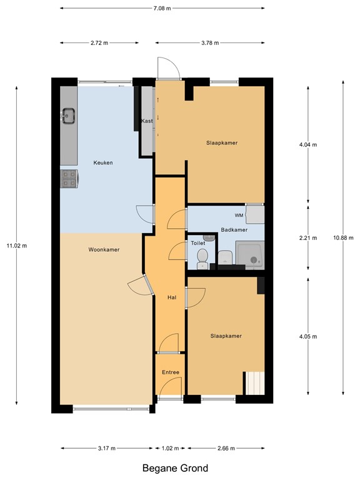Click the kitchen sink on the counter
pyautogui.click(x=69, y=116)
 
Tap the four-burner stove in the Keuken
pyautogui.click(x=69, y=179)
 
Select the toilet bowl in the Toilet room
pyautogui.click(x=202, y=259)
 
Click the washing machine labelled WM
pyautogui.click(x=255, y=214)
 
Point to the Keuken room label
pyautogui.click(x=103, y=163)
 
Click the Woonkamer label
pyautogui.click(x=104, y=250)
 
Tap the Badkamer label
pyautogui.click(x=234, y=230)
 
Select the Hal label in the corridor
pyautogui.click(x=172, y=297)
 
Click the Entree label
pyautogui.click(x=171, y=372)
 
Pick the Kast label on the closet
pyautogui.click(x=147, y=121)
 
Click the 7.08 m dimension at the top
pyautogui.click(x=162, y=8)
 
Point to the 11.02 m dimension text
pyautogui.click(x=17, y=246)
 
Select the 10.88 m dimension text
pyautogui.click(x=343, y=238)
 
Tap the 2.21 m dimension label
pyautogui.click(x=308, y=238)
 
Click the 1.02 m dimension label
pyautogui.click(x=170, y=449)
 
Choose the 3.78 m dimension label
pyautogui.click(x=210, y=43)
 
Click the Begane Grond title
pyautogui.click(x=176, y=468)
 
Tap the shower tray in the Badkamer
pyautogui.click(x=250, y=255)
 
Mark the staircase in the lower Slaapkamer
pyautogui.click(x=255, y=383)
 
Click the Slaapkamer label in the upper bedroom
pyautogui.click(x=222, y=143)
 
